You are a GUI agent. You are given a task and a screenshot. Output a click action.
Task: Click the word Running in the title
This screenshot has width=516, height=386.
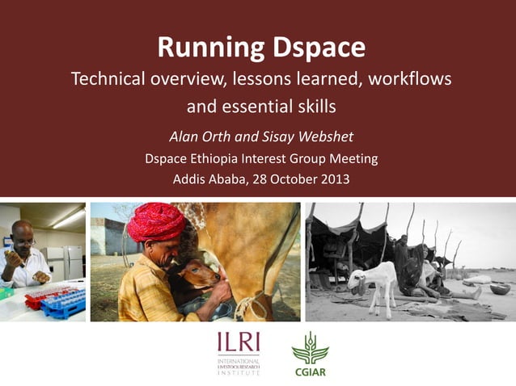pos(206,48)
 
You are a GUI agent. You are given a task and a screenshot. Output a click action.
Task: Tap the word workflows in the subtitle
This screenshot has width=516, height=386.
pos(405,80)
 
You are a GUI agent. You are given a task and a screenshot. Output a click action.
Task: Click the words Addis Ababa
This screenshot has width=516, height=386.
pos(207,179)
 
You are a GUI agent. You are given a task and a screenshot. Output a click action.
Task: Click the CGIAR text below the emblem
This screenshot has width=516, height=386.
pos(310,373)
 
